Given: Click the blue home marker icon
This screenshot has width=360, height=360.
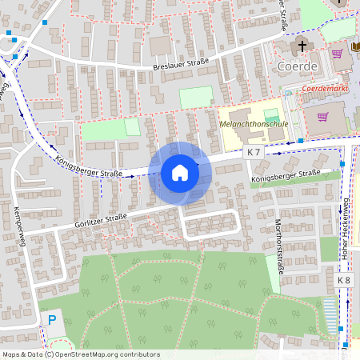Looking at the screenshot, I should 180,173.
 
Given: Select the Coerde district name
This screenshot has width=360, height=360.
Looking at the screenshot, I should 297,65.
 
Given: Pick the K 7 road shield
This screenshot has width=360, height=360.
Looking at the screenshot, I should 254,152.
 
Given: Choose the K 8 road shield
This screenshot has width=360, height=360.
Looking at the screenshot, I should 344,281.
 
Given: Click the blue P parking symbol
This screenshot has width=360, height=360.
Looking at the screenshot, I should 52,320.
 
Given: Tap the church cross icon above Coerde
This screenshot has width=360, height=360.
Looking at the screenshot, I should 303,44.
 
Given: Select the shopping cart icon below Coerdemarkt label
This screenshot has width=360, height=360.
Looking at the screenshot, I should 323,117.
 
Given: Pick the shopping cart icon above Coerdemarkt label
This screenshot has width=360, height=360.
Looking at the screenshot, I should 338,55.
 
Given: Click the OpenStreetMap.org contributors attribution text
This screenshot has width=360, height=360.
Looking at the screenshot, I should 104,354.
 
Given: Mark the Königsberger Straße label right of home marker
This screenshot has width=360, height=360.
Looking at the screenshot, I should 285,176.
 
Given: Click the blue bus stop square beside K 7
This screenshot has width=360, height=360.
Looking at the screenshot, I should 300,142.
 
